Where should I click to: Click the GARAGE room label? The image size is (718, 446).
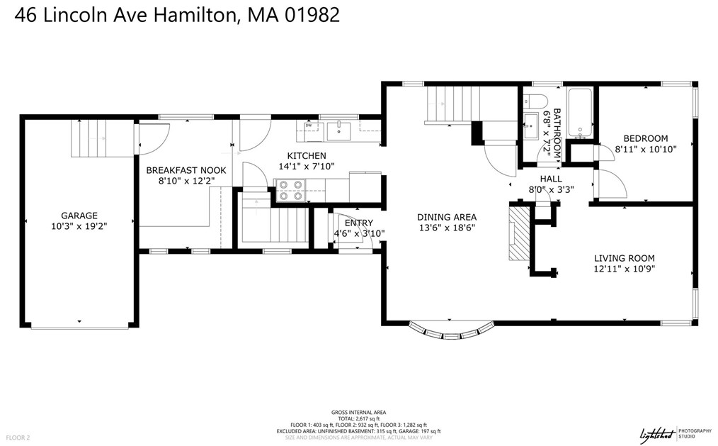tap(79, 216)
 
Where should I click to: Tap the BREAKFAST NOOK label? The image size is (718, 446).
tap(186, 170)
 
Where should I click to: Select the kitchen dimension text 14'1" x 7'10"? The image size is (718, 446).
tap(306, 166)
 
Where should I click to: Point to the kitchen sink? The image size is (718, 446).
tap(341, 128)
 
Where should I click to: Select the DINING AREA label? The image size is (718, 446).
tap(446, 217)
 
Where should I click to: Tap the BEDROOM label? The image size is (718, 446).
tap(645, 138)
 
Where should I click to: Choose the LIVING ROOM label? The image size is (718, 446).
tap(624, 258)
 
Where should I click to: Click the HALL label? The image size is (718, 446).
tap(551, 179)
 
